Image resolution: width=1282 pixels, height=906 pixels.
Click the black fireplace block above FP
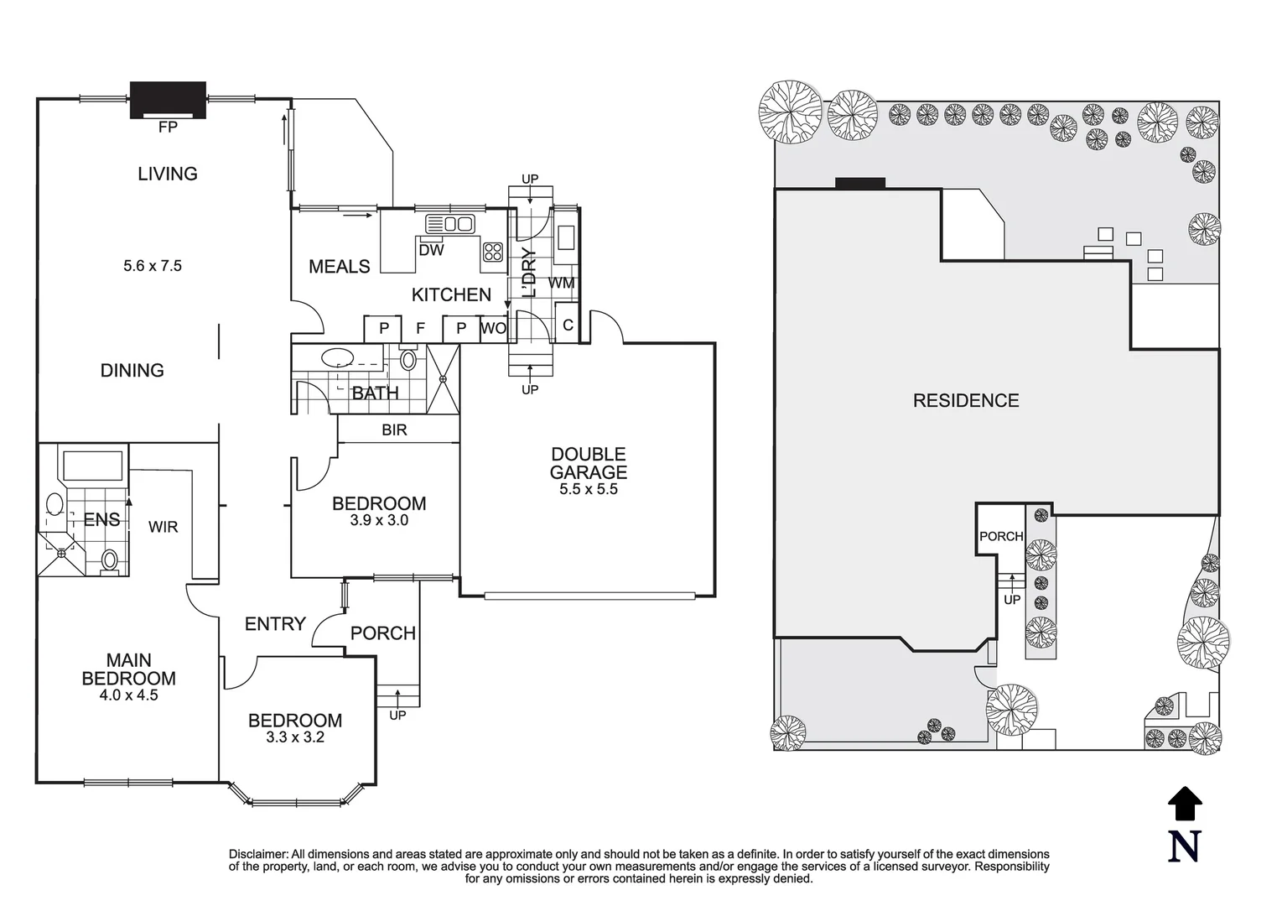tap(168, 100)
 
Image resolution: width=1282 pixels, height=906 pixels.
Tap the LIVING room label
tap(168, 174)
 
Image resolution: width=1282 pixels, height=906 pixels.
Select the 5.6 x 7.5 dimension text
tap(153, 266)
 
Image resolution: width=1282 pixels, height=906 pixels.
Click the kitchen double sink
tap(450, 223)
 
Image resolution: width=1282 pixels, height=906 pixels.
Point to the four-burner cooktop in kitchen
tap(493, 252)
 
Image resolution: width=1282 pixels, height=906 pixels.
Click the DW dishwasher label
tap(432, 250)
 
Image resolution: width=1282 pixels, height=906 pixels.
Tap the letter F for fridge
tap(421, 328)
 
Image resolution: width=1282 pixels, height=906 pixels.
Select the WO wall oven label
tap(493, 328)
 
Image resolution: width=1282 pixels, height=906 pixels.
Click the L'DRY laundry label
tap(530, 273)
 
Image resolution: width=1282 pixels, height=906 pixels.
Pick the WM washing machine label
tap(562, 283)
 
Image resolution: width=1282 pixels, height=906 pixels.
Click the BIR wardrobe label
tap(394, 430)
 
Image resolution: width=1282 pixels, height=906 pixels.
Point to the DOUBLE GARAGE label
tap(589, 463)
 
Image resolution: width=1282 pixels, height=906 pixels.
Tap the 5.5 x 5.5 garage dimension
tap(589, 489)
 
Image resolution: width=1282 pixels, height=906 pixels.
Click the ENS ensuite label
tap(102, 519)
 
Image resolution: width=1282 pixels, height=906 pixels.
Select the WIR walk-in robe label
tap(163, 527)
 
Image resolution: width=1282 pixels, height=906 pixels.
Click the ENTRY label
tap(275, 623)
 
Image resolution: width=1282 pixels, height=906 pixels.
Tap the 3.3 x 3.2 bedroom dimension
tap(295, 737)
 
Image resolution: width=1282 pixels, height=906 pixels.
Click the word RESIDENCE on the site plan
tap(966, 400)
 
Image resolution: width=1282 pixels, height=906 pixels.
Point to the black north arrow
tap(1185, 804)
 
